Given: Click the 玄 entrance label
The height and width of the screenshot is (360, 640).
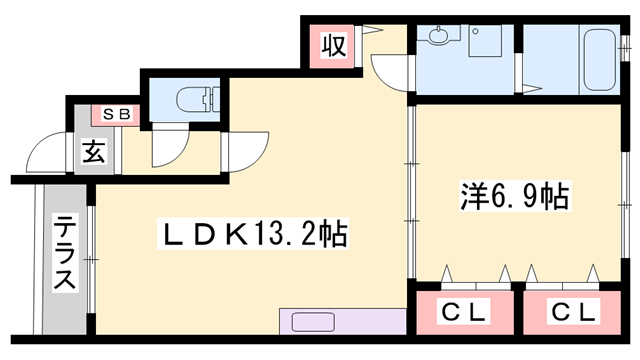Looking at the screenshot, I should tap(94, 154).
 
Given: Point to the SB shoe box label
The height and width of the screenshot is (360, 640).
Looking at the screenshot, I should tap(116, 115).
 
